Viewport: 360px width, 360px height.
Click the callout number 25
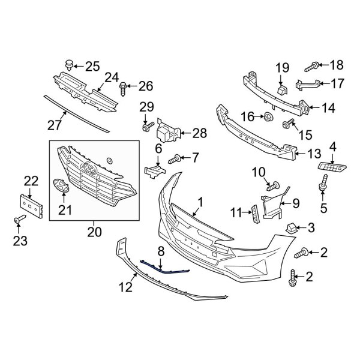point(92,65)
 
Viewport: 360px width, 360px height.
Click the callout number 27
point(56,124)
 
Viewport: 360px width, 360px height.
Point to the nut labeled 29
point(145,128)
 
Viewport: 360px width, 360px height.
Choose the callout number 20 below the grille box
point(95,231)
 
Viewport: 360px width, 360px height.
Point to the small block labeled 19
point(282,90)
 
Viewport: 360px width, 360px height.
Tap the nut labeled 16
point(268,115)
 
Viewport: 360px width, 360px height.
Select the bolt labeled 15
point(287,124)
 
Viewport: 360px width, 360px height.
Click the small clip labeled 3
point(291,227)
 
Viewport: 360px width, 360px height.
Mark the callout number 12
point(125,287)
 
